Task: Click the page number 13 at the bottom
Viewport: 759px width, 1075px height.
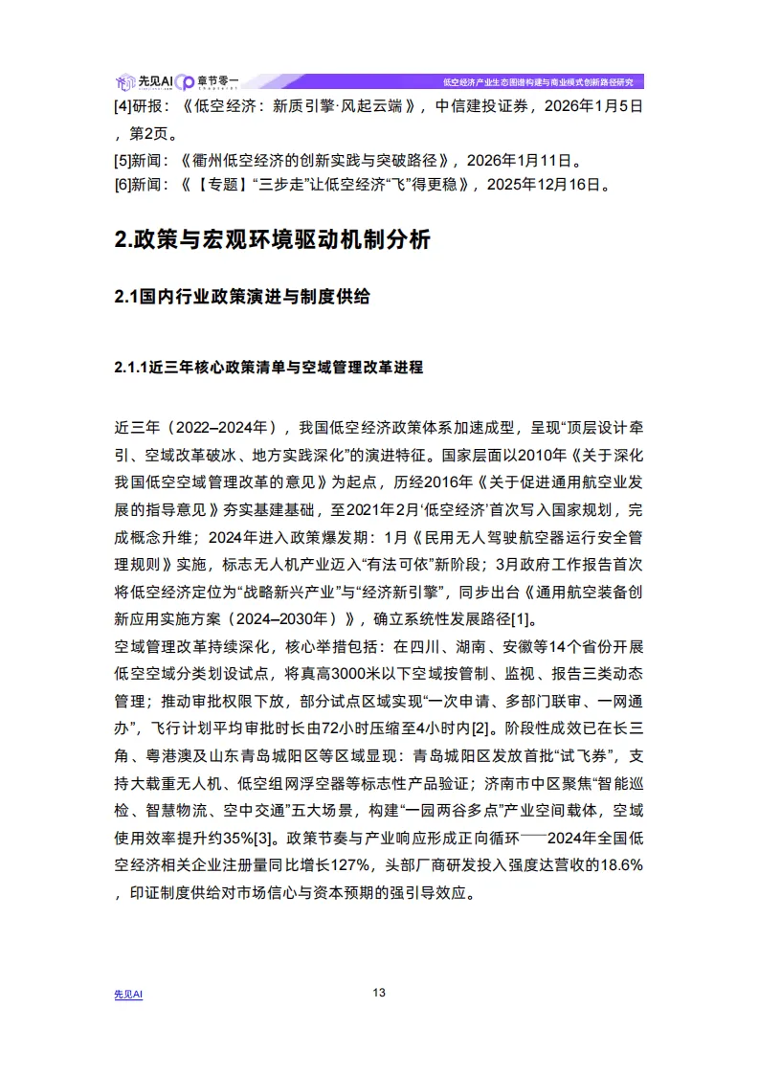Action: [x=379, y=992]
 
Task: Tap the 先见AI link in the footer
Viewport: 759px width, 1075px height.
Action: [x=128, y=995]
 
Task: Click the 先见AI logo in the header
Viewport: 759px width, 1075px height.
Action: [x=143, y=81]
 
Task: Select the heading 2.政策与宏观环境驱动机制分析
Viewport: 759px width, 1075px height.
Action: [x=273, y=240]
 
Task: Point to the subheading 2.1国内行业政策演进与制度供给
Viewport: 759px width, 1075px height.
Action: [x=241, y=297]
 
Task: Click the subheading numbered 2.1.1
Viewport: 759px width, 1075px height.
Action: [x=268, y=368]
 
